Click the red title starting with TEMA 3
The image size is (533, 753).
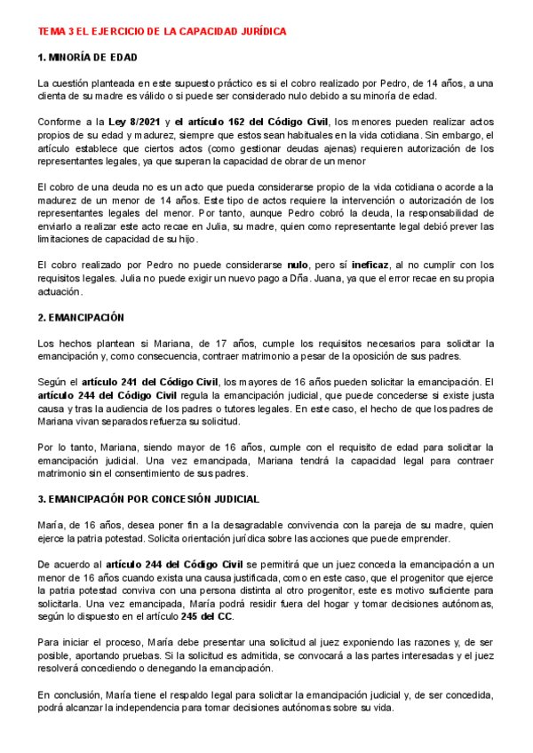point(162,31)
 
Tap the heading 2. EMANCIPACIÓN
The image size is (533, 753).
point(81,317)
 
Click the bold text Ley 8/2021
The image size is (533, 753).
point(130,122)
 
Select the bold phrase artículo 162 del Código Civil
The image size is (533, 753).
point(252,122)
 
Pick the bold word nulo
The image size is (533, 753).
point(298,265)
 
